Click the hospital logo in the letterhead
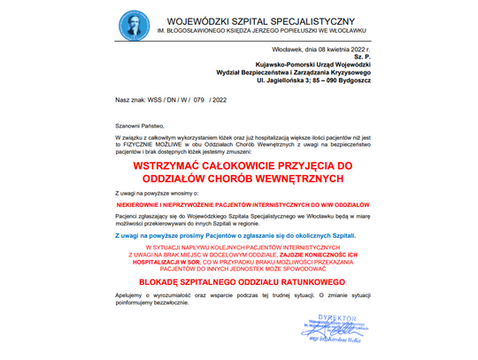tap(130, 25)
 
